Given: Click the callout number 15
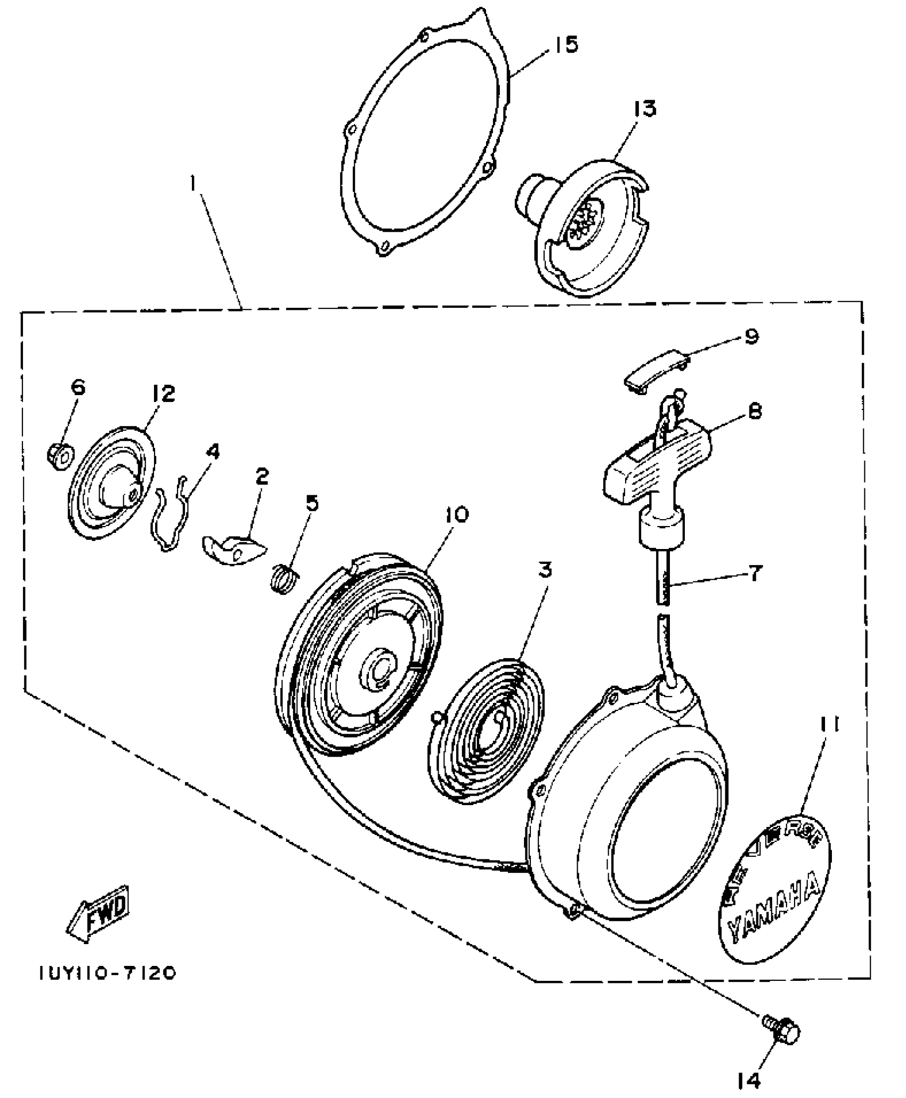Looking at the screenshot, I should click(x=565, y=45).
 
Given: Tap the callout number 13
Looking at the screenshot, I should click(x=644, y=109).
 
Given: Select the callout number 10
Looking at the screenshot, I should click(x=456, y=514).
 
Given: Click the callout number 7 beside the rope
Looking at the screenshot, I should click(x=755, y=573).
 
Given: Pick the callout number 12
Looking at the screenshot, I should click(x=163, y=394).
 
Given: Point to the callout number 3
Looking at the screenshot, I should click(x=544, y=570).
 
